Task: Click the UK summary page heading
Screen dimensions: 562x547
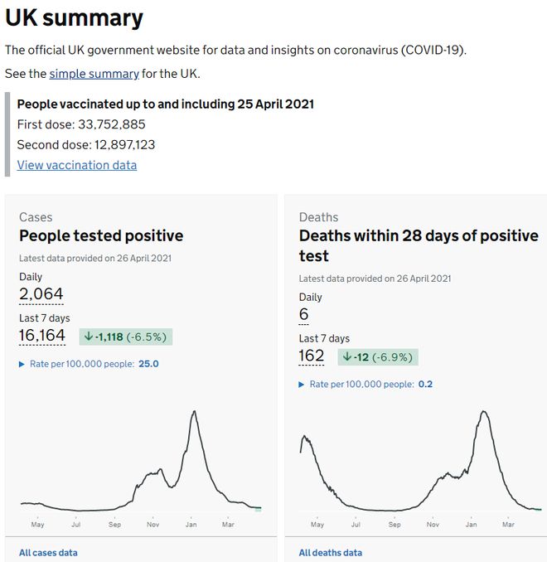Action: point(74,17)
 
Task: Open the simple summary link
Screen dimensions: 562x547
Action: point(94,74)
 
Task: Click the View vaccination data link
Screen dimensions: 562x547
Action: point(77,165)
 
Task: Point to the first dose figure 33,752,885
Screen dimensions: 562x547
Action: point(110,125)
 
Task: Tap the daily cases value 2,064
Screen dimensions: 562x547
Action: point(41,293)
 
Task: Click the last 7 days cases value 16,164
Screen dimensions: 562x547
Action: point(42,336)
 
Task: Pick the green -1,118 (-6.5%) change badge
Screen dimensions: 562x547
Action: point(126,337)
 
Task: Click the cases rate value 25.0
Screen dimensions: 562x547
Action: point(148,364)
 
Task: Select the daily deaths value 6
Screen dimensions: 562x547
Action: point(303,314)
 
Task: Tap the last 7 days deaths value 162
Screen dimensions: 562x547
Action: point(312,356)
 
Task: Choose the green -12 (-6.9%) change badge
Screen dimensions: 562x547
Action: point(378,357)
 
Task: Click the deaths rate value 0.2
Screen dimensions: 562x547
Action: point(425,385)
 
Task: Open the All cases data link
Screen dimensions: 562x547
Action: point(48,553)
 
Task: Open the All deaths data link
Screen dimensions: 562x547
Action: point(330,553)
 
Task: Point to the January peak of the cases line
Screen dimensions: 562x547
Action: point(194,411)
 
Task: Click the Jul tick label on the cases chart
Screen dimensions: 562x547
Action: point(75,525)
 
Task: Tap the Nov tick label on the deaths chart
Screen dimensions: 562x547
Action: point(433,525)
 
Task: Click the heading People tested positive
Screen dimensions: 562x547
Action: point(101,236)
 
